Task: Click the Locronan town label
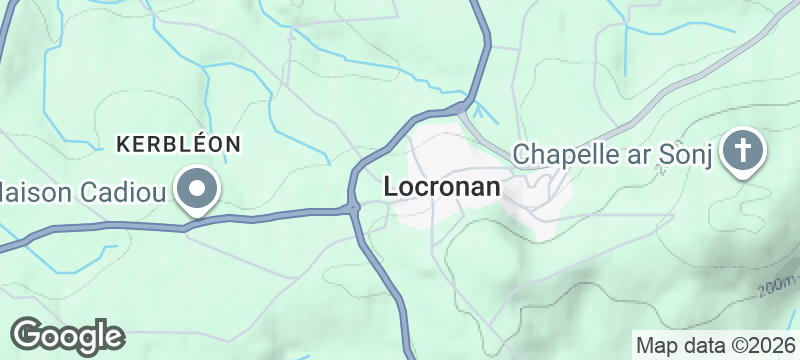[442, 187]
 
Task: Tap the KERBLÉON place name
[179, 144]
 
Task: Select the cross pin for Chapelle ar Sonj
[743, 151]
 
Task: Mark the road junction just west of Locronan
[353, 208]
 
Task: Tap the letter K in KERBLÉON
[123, 144]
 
